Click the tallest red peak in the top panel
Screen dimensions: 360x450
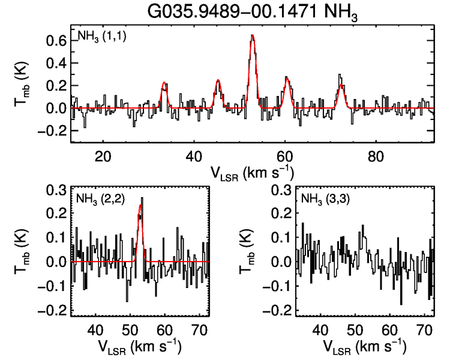coord(253,36)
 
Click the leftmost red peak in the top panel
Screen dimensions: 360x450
coord(164,83)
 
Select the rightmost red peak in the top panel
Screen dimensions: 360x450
coord(341,86)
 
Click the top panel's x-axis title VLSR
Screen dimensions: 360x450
coord(252,173)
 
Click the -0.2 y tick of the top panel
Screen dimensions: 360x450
coord(50,131)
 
